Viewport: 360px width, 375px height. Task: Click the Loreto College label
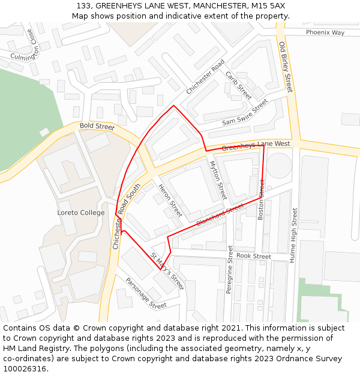pyautogui.click(x=80, y=212)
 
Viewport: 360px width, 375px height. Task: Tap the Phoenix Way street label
pyautogui.click(x=325, y=32)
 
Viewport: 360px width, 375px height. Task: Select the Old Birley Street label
pyautogui.click(x=285, y=67)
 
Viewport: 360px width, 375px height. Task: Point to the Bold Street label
pyautogui.click(x=97, y=127)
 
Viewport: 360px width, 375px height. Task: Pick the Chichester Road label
pyautogui.click(x=205, y=76)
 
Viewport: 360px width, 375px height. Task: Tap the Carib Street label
pyautogui.click(x=238, y=85)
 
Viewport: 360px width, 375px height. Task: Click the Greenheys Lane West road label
pyautogui.click(x=256, y=145)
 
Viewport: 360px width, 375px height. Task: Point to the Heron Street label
pyautogui.click(x=170, y=200)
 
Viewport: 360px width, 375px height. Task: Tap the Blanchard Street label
pyautogui.click(x=220, y=215)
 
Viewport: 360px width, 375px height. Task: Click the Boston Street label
pyautogui.click(x=261, y=199)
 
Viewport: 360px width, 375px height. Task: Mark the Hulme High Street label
pyautogui.click(x=294, y=235)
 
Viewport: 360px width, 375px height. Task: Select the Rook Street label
pyautogui.click(x=253, y=256)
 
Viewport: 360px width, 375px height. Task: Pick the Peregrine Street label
pyautogui.click(x=230, y=269)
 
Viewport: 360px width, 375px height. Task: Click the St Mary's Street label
pyautogui.click(x=167, y=271)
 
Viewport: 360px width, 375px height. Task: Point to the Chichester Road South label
pyautogui.click(x=126, y=216)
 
